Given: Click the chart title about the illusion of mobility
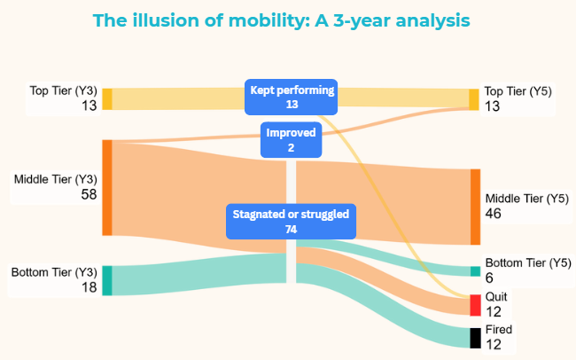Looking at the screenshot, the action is point(282,20).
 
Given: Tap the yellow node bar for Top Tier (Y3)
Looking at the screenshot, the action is point(107,99).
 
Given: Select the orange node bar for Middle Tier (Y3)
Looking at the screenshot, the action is point(107,188).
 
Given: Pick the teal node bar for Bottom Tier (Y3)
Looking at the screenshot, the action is point(107,280).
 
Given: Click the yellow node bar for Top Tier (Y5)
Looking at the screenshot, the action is point(474,99).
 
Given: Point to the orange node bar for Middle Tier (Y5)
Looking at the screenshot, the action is point(475,207).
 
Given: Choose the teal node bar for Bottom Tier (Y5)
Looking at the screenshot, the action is point(475,271).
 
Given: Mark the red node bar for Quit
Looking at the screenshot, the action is point(475,305).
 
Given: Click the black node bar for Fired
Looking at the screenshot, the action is point(475,338).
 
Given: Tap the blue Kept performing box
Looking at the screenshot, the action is point(291,97).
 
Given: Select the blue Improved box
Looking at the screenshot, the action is point(291,140).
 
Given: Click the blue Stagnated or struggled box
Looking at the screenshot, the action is point(291,222).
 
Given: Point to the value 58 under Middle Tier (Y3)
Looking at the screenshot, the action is point(89,194).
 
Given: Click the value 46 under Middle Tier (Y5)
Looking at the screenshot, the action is point(493,214).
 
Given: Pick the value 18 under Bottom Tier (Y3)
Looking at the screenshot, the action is point(89,287).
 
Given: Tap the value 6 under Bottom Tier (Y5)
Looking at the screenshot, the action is point(489,278).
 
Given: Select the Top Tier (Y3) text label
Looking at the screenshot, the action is point(64,90).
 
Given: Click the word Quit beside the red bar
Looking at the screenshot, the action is point(496,296).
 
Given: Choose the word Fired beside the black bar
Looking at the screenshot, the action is point(499,329).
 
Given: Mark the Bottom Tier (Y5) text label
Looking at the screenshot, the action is point(528,262).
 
